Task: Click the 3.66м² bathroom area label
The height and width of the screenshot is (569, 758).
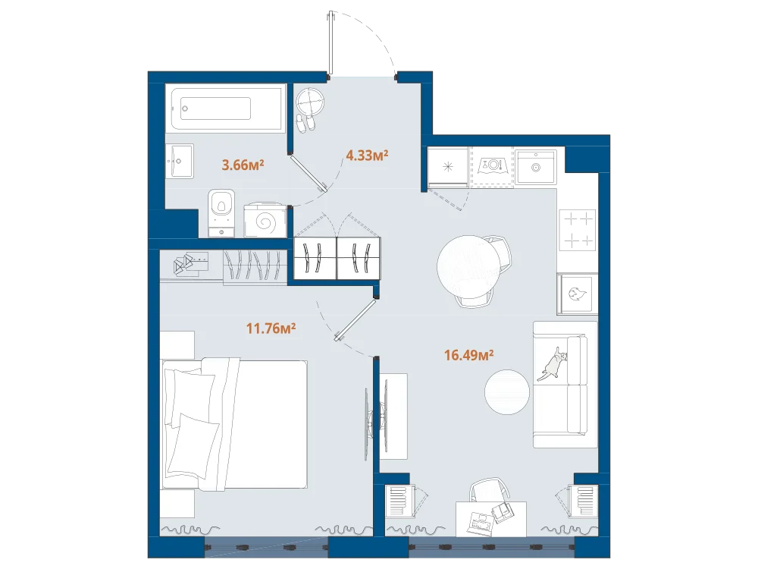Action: [243, 165]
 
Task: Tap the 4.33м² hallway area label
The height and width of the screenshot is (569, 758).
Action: [368, 156]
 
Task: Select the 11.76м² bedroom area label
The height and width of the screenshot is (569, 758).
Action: [271, 329]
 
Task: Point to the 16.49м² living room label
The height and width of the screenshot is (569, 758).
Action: [469, 355]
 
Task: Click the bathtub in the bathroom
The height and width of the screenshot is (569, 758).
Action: [226, 108]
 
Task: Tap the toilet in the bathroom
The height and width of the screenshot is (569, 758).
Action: [221, 213]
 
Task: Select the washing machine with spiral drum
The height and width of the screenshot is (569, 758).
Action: [265, 220]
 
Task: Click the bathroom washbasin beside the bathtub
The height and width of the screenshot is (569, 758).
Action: [180, 161]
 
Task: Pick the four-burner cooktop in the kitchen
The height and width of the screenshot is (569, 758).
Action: [578, 230]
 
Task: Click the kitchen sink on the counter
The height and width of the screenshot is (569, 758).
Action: [536, 166]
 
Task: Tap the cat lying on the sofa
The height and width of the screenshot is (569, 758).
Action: [553, 363]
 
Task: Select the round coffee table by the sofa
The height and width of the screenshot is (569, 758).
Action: [507, 392]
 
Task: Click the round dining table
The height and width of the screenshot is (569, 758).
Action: [469, 267]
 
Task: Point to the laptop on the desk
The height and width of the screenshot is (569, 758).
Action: [481, 523]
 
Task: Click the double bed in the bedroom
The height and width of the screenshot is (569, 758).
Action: [234, 423]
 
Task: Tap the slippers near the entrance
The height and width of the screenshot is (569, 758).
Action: [305, 124]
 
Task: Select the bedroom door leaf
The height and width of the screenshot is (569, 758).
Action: [356, 320]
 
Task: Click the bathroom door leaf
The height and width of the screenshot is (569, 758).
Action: [309, 173]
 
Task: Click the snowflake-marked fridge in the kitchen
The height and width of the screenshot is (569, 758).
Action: [448, 167]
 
